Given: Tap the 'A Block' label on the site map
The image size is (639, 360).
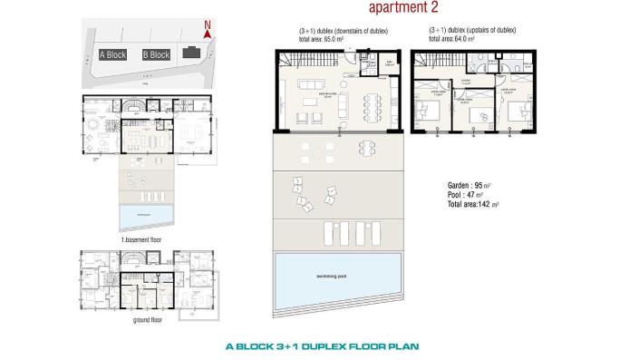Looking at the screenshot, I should tap(113, 54).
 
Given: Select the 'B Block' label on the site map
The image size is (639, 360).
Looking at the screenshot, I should tap(156, 54).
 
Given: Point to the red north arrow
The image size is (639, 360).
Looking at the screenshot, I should tap(208, 29).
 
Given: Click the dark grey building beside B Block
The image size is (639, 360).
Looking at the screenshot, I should tap(191, 54).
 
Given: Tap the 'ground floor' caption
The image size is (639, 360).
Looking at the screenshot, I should tap(147, 320).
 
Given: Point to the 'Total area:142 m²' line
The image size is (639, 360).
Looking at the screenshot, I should tap(473, 205).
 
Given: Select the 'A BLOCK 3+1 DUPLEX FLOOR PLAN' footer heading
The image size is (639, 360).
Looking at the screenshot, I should tap(322, 345).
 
